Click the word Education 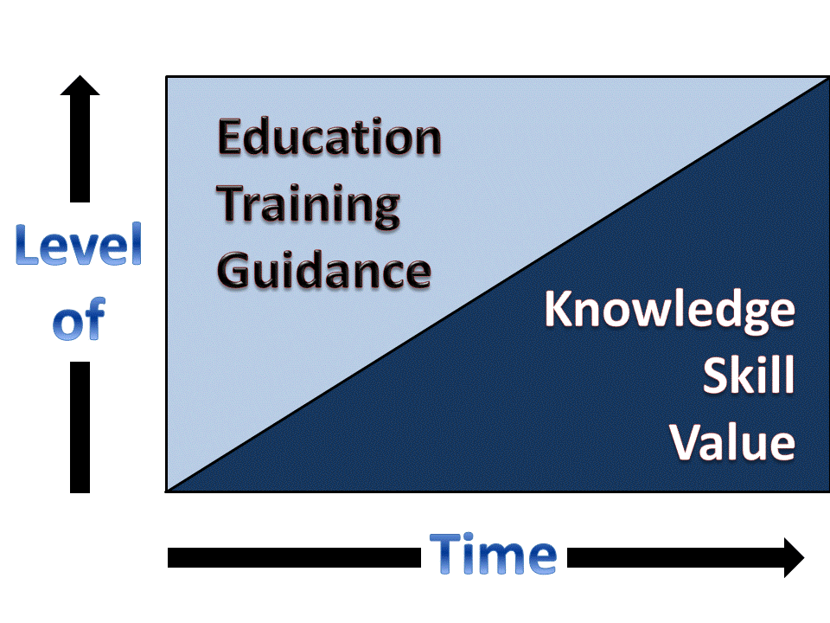click(x=329, y=138)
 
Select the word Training click(x=308, y=206)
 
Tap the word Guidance click(x=324, y=270)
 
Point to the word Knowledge click(x=669, y=311)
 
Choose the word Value click(x=733, y=441)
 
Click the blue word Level click(x=79, y=248)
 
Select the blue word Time click(x=493, y=555)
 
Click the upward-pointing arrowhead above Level click(x=80, y=87)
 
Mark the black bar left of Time click(x=294, y=558)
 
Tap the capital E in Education click(x=232, y=138)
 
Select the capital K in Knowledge click(x=561, y=311)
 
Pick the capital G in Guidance click(x=234, y=270)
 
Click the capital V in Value click(x=686, y=441)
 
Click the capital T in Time click(x=446, y=555)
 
